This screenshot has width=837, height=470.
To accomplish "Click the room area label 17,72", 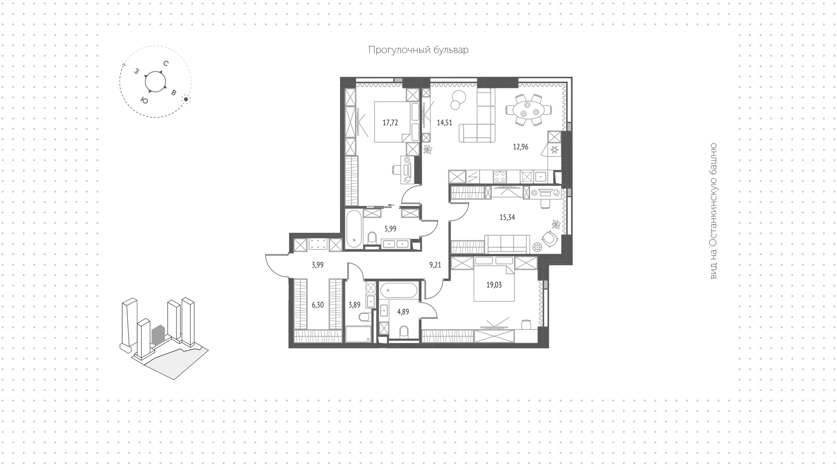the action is pyautogui.click(x=390, y=123).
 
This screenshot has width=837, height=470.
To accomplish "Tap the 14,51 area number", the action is pyautogui.click(x=445, y=123).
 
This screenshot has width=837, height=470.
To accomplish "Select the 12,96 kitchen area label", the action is pyautogui.click(x=521, y=147).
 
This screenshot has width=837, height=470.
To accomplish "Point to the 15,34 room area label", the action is pyautogui.click(x=507, y=217).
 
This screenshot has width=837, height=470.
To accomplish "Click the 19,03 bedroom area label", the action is pyautogui.click(x=494, y=285).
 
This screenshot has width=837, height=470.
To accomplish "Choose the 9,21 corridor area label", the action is pyautogui.click(x=436, y=264).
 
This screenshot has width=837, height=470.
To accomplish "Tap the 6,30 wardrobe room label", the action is pyautogui.click(x=318, y=305).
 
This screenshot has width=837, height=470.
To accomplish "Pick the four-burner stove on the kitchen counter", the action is pyautogui.click(x=500, y=177).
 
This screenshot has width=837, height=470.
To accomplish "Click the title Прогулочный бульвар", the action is pyautogui.click(x=418, y=50).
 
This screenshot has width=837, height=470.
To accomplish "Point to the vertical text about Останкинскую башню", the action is pyautogui.click(x=713, y=211).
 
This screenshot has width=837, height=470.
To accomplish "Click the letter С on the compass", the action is pyautogui.click(x=166, y=64).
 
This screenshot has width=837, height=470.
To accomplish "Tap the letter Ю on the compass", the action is pyautogui.click(x=144, y=100).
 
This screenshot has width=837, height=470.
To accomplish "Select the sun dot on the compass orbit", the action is pyautogui.click(x=186, y=99).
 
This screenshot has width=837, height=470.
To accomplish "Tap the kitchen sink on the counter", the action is pyautogui.click(x=541, y=177).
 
